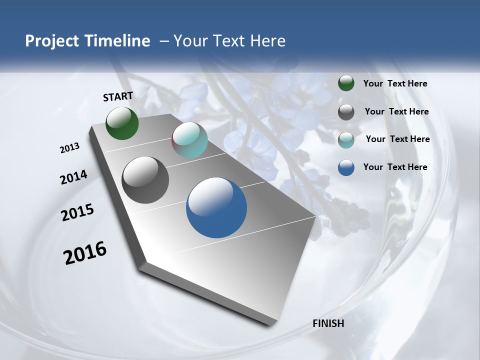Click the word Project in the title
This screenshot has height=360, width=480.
[51, 41]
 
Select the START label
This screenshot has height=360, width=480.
[118, 96]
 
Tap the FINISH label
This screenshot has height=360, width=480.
[328, 323]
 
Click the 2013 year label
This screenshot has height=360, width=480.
[70, 148]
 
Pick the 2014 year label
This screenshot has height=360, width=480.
[74, 177]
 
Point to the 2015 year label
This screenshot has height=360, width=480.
[77, 212]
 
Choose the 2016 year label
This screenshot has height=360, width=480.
[85, 253]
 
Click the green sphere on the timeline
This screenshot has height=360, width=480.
[122, 123]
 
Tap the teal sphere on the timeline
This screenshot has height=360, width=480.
[189, 140]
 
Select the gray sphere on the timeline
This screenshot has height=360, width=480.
[145, 180]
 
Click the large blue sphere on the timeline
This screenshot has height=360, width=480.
[216, 207]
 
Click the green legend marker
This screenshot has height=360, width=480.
[346, 83]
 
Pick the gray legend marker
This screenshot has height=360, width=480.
[346, 112]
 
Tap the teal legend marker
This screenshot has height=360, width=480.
[346, 140]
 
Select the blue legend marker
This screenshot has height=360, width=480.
[346, 167]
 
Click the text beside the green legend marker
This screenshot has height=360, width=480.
[395, 84]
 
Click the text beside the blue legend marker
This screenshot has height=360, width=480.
[395, 167]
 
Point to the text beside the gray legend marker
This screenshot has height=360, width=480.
[396, 111]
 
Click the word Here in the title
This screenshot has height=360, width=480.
[268, 41]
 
